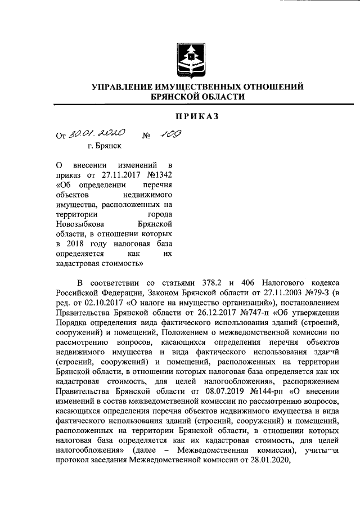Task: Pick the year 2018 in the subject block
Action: coord(76,245)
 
